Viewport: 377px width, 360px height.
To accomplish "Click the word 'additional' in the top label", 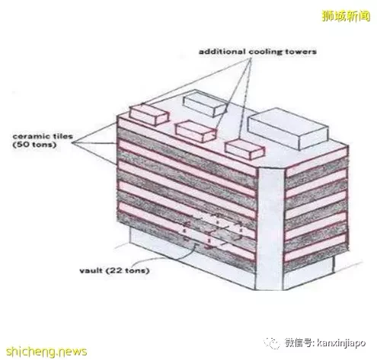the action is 222,52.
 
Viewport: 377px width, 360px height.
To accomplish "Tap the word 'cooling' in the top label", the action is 265,52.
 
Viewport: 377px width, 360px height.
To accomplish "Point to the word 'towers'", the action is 301,52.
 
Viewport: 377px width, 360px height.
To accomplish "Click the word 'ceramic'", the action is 30,136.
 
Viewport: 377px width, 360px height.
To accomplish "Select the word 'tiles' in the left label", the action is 61,136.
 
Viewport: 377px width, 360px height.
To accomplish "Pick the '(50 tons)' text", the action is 34,145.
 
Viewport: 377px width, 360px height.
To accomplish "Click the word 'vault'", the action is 91,270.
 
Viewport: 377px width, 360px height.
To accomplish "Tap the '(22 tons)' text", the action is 127,271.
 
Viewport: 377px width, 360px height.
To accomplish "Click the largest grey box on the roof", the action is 288,128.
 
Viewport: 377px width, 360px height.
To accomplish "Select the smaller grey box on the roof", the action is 205,104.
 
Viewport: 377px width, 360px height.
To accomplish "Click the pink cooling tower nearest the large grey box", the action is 244,149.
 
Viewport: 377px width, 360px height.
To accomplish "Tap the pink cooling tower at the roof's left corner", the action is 149,115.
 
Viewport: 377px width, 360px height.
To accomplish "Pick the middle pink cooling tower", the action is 196,132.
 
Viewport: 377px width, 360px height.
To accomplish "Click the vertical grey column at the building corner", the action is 270,228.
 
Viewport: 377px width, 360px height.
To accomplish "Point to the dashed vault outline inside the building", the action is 212,231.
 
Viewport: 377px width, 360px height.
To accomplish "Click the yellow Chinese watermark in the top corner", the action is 346,16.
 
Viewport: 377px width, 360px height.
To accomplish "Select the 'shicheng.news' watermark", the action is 46,351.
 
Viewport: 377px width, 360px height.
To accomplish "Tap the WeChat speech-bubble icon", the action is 272,343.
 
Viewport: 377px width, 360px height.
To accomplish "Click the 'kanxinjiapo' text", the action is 341,343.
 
